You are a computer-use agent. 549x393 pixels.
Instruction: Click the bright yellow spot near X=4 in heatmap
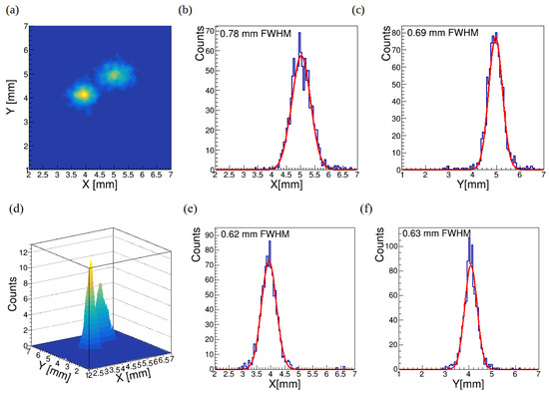82,95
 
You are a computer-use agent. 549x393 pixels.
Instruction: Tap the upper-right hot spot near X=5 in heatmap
115,73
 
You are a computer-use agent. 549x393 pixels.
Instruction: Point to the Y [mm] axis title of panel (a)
12,85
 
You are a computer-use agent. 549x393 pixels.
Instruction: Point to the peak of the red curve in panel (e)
268,261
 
